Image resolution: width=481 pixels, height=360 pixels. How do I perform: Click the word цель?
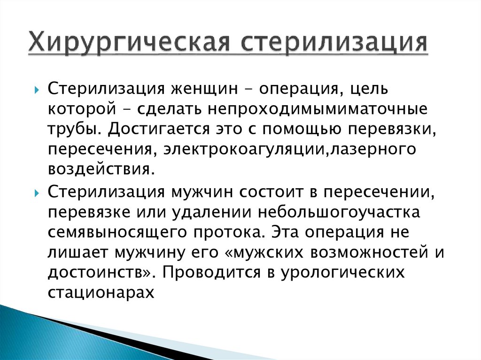click(x=369, y=88)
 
